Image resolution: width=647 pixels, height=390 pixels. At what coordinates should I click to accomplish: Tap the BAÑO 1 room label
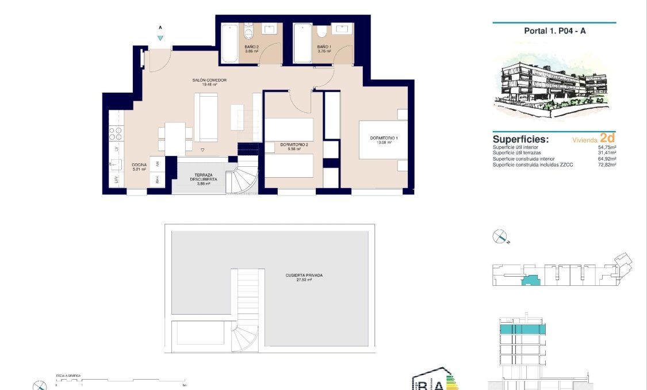[x=324, y=47]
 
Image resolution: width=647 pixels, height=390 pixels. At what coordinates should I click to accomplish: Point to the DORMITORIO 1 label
[x=384, y=139]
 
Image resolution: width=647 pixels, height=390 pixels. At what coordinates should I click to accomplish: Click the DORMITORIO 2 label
[x=294, y=144]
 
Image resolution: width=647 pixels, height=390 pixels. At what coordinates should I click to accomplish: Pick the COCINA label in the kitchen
[x=139, y=165]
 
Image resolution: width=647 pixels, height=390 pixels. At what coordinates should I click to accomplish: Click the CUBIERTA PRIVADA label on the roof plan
[x=304, y=276]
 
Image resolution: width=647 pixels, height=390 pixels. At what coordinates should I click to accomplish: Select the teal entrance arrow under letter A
[x=160, y=38]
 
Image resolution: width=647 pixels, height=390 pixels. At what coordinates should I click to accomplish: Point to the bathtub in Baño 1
[x=302, y=43]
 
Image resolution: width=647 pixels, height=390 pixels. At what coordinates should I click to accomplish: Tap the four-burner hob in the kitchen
[x=116, y=134]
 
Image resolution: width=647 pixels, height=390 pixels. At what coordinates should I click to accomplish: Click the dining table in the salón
[x=175, y=139]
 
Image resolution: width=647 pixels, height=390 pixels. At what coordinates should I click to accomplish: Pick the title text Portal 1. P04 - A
[x=554, y=31]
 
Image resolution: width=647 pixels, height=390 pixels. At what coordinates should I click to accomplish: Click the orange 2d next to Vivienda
[x=607, y=138]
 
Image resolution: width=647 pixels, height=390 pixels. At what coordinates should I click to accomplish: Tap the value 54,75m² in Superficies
[x=607, y=147]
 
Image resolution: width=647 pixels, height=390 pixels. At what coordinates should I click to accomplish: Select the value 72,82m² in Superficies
[x=607, y=165]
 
